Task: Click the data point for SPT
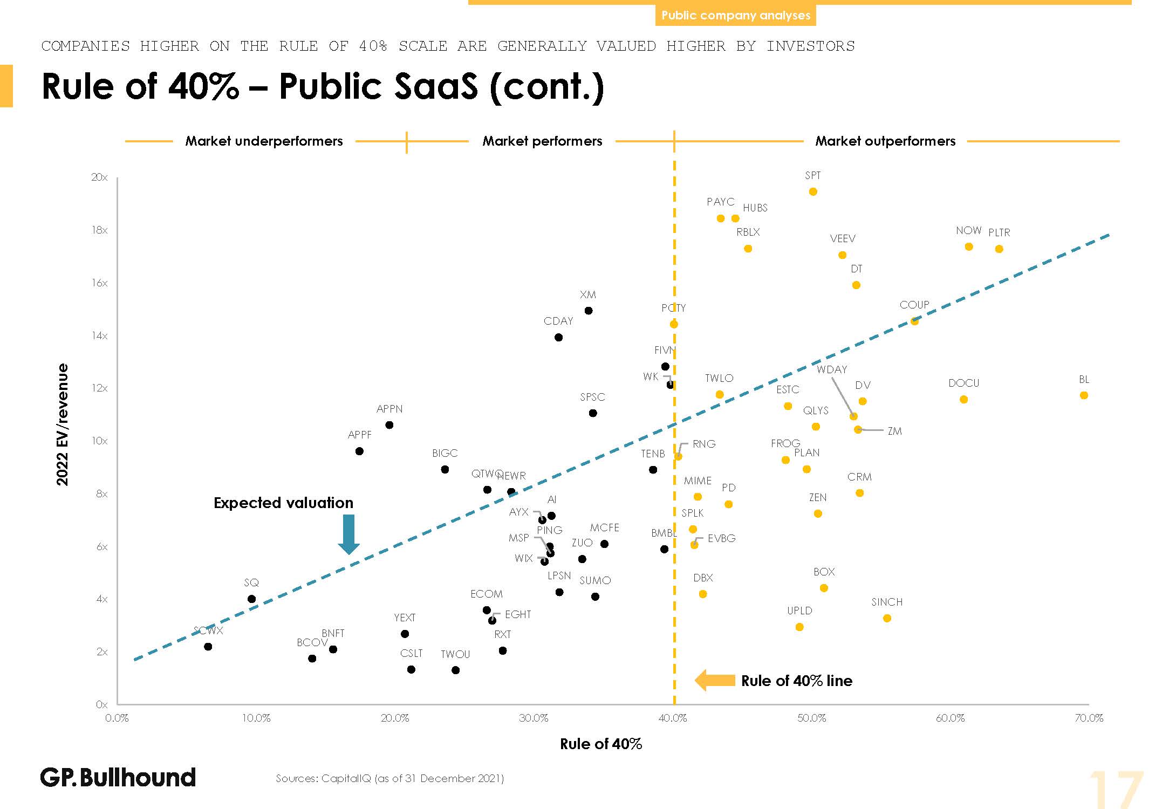point(813,192)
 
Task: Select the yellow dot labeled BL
point(1084,395)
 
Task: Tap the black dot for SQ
point(251,599)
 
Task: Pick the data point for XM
point(589,311)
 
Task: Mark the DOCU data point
point(963,400)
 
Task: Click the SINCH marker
point(887,618)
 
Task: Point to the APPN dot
point(389,425)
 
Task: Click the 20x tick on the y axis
point(100,177)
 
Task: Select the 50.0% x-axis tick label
point(811,718)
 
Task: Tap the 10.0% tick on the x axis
point(256,718)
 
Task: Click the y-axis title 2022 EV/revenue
point(63,424)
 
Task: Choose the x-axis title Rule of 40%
point(600,744)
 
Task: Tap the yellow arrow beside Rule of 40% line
point(715,680)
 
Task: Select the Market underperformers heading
point(264,141)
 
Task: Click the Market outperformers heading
point(885,141)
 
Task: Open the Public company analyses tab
point(735,15)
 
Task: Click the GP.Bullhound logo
point(118,777)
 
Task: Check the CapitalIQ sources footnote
point(389,778)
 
